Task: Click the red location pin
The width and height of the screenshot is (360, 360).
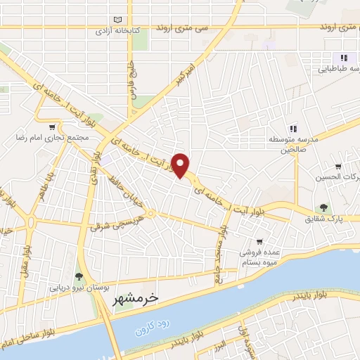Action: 181,165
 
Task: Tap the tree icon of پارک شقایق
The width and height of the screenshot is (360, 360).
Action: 323,207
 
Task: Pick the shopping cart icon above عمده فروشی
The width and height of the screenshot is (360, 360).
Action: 259,241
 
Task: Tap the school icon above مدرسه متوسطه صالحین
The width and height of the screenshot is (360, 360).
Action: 292,128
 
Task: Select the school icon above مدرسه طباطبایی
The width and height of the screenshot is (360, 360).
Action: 343,58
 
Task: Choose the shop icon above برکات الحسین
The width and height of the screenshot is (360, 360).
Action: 338,167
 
